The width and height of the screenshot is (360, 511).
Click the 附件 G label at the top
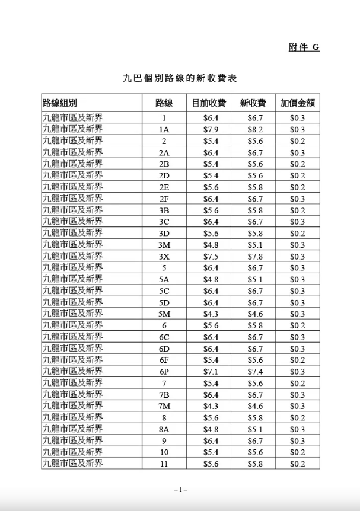(x=304, y=47)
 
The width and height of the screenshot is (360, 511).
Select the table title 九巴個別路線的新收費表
(x=180, y=78)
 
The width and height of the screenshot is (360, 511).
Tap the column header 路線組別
(x=60, y=103)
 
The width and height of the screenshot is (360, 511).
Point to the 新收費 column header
(x=253, y=103)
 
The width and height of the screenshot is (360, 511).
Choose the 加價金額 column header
(x=297, y=103)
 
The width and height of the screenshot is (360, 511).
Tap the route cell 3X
(x=164, y=257)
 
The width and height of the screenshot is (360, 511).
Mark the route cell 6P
(x=164, y=372)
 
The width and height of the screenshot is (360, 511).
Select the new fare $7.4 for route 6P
(x=255, y=372)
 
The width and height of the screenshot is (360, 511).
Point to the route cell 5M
(x=164, y=314)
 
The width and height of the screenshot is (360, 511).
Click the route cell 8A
(x=164, y=429)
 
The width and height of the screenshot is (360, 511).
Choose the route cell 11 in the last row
(x=164, y=464)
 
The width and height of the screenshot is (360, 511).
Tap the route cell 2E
(x=164, y=187)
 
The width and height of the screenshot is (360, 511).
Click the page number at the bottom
(x=180, y=490)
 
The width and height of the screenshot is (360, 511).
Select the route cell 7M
(x=164, y=407)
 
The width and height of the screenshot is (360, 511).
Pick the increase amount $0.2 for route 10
(x=298, y=452)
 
